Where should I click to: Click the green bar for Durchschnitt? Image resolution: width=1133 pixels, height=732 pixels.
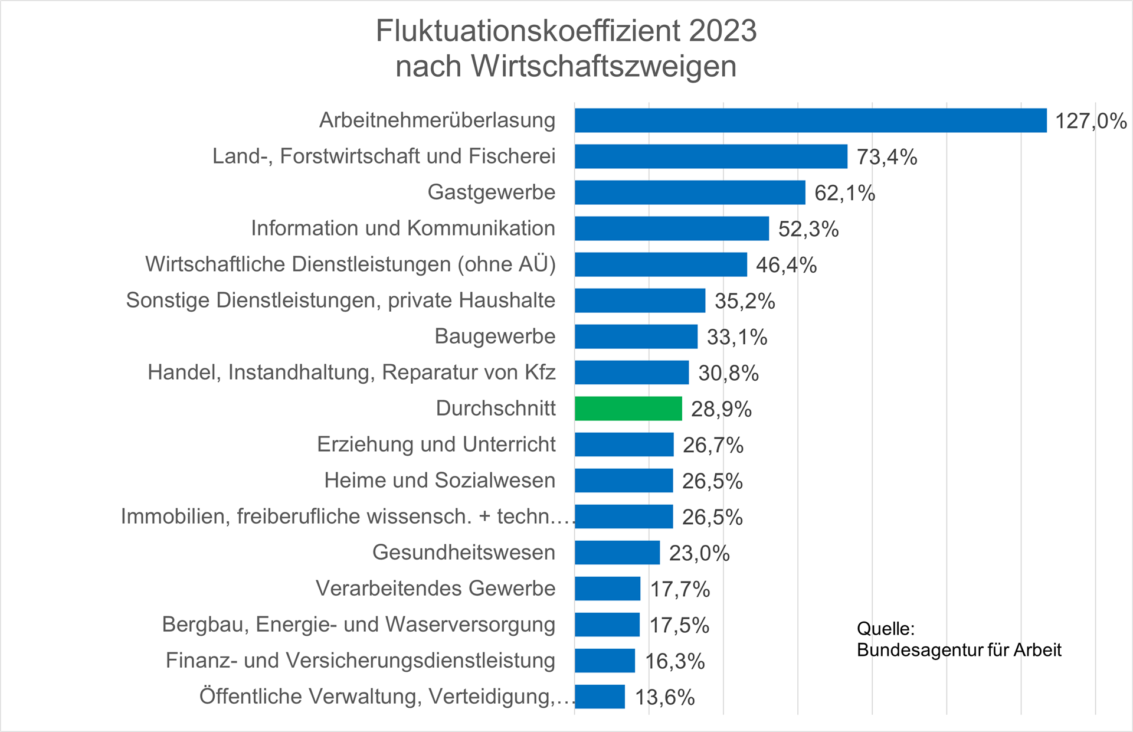628,409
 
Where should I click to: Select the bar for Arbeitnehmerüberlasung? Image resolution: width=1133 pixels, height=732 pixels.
811,120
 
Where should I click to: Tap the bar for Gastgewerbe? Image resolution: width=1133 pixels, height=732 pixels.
690,192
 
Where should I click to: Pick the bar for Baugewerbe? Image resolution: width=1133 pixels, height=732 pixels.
636,336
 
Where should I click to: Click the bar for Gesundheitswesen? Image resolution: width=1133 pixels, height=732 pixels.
617,553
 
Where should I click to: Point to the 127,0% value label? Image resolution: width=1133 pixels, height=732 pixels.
1091,121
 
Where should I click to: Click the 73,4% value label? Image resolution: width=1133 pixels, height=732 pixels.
886,157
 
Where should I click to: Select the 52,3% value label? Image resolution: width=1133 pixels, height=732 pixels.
808,229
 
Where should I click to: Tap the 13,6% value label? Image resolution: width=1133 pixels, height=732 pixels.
664,697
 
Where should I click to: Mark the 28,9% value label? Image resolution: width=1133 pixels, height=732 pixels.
721,409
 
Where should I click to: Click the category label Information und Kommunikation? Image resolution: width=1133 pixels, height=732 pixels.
403,228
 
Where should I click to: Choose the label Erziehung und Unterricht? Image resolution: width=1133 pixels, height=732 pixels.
436,445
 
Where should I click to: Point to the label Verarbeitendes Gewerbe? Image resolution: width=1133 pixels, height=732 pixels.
435,589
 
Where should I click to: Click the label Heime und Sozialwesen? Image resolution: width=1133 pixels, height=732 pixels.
440,481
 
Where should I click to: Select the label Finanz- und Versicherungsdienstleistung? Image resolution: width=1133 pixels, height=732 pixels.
361,661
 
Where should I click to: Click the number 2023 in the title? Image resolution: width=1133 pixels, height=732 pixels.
722,31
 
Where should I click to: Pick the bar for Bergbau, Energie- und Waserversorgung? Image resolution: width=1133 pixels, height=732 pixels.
607,625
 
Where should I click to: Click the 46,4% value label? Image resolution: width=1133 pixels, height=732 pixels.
786,265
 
